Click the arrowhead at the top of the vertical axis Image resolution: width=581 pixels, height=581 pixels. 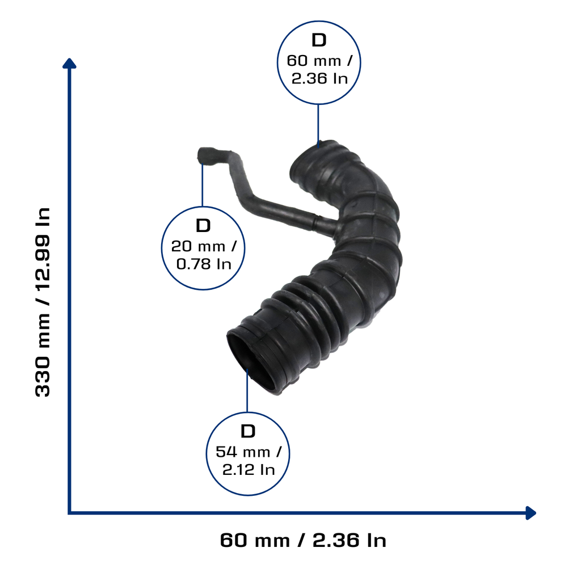coord(69,63)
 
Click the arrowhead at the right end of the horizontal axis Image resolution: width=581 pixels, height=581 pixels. coord(531,513)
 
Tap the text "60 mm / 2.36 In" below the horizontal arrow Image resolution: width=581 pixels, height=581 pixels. coord(303,540)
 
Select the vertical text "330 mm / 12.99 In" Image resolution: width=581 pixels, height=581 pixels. coord(42,302)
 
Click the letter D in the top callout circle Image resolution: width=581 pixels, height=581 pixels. coord(319,40)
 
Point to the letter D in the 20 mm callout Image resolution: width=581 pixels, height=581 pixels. coord(203,226)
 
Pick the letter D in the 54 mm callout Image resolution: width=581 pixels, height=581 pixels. coord(248,431)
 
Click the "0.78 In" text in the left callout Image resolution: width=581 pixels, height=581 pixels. coord(204,264)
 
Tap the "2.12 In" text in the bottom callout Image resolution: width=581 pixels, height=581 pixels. coord(249,470)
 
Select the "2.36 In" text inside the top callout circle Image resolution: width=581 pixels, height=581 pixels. coord(319,78)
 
